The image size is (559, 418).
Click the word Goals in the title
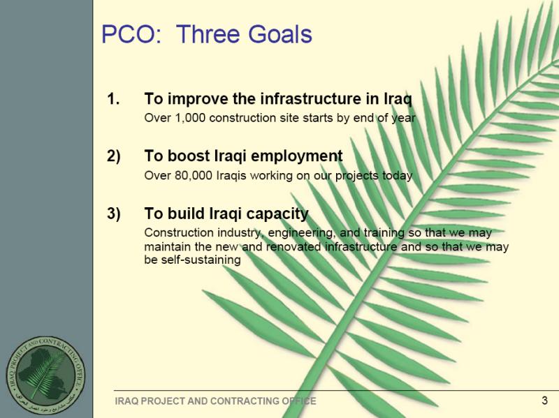tap(280, 34)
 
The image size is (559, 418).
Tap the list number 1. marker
tap(113, 98)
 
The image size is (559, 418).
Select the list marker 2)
tap(114, 156)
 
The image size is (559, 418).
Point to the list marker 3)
tap(114, 214)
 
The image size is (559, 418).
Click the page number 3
tap(544, 401)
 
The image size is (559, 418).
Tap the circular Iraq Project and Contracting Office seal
tap(45, 375)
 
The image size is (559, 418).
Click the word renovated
tap(293, 246)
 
